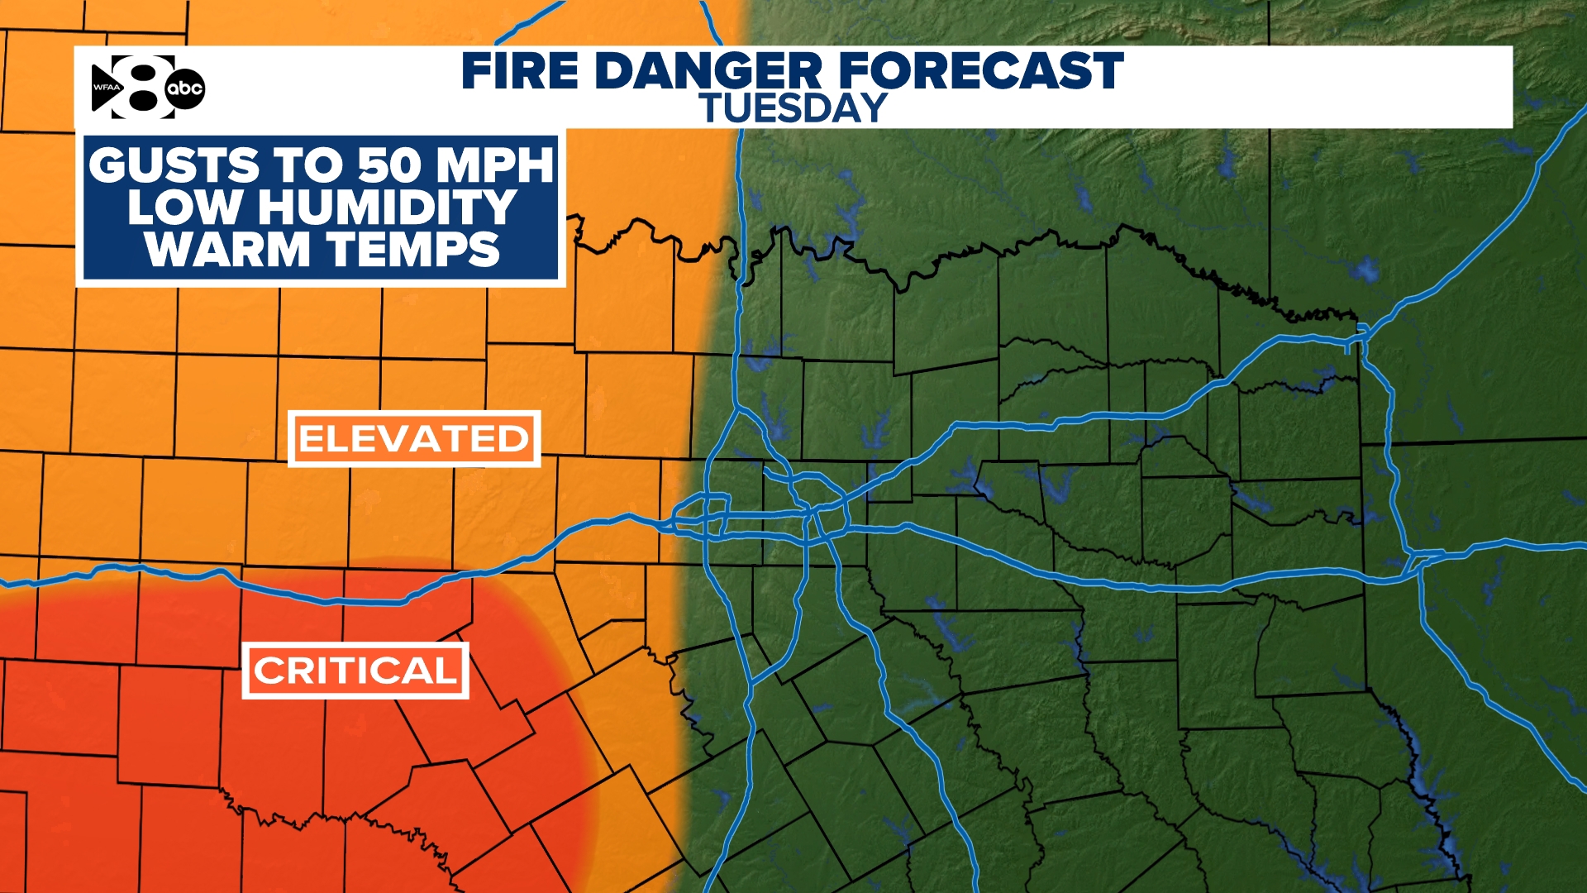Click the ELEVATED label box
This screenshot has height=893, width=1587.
pyautogui.click(x=414, y=438)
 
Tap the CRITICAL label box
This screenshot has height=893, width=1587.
pyautogui.click(x=355, y=671)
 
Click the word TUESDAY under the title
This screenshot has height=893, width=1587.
pyautogui.click(x=793, y=108)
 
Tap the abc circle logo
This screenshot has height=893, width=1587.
pyautogui.click(x=184, y=88)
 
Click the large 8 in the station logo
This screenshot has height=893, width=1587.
pyautogui.click(x=142, y=87)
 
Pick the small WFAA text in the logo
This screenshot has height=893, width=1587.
pyautogui.click(x=106, y=88)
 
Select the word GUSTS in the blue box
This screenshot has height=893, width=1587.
pyautogui.click(x=174, y=165)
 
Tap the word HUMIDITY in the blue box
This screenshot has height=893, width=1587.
pyautogui.click(x=388, y=208)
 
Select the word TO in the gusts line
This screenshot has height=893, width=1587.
pyautogui.click(x=307, y=165)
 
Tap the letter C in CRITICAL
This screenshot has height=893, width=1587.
pyautogui.click(x=268, y=671)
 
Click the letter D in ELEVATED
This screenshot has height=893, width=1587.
pyautogui.click(x=512, y=438)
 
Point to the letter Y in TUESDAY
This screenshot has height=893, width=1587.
pyautogui.click(x=871, y=108)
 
